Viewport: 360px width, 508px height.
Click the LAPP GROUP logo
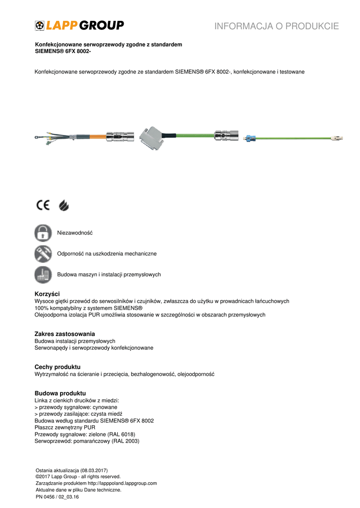[x=79, y=26]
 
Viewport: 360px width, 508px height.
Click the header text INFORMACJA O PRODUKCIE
[x=277, y=26]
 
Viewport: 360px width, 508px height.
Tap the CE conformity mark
[x=42, y=205]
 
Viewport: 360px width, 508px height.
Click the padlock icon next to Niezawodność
[x=43, y=233]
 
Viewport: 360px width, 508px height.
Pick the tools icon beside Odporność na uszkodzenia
[x=43, y=254]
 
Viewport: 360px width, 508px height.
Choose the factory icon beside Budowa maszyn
[x=43, y=274]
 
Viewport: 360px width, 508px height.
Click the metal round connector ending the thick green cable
[x=225, y=134]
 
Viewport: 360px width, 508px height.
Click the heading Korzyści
[x=47, y=294]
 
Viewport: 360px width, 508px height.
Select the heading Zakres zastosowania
[x=65, y=334]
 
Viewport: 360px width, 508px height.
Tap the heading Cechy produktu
[x=57, y=367]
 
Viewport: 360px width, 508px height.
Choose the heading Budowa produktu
[x=60, y=393]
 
